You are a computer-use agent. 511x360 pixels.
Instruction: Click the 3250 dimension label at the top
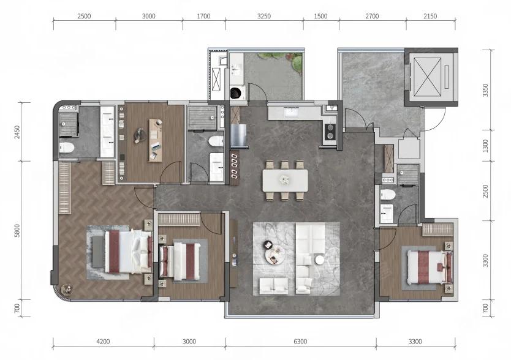(x=264, y=16)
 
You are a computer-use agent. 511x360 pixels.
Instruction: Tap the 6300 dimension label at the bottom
(x=300, y=342)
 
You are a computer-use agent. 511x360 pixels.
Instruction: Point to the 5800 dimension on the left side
(x=17, y=230)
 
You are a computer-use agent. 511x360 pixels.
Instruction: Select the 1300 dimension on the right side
(x=486, y=146)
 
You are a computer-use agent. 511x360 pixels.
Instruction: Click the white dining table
(x=285, y=180)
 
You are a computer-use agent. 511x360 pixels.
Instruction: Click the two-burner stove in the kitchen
(x=330, y=132)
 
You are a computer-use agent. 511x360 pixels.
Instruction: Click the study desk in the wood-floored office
(x=156, y=140)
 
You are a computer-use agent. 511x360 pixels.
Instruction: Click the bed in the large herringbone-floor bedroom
(x=129, y=252)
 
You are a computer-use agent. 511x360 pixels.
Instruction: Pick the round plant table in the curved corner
(x=67, y=288)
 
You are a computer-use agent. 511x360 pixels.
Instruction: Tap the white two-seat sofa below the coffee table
(x=274, y=286)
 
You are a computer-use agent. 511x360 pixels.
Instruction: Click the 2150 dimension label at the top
(x=430, y=16)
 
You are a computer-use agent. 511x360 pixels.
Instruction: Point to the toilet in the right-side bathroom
(x=388, y=195)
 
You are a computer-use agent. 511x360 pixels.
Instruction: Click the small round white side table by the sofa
(x=319, y=260)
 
